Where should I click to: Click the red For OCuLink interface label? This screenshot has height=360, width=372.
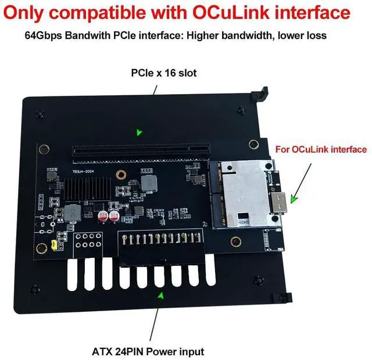(321, 149)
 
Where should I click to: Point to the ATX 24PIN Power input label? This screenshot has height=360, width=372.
(148, 351)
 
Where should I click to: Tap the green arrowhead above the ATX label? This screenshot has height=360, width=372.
(161, 296)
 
